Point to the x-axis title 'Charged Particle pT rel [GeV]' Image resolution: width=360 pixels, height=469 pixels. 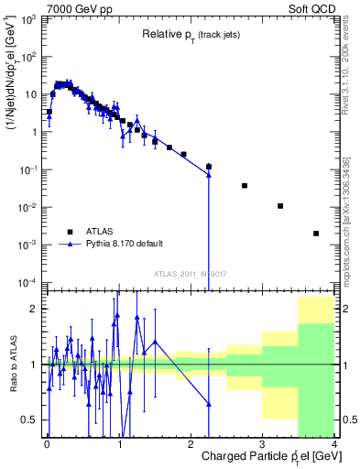265,455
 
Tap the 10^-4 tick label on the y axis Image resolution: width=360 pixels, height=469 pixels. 28,282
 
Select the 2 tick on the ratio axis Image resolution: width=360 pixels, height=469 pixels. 34,308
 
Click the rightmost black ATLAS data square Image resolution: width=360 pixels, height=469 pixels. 316,234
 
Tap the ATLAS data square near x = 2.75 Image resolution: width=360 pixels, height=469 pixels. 245,186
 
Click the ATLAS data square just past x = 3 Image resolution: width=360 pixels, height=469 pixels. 280,206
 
